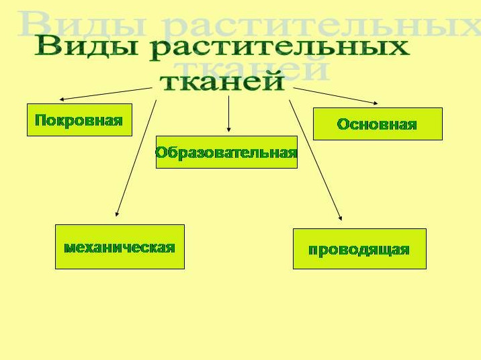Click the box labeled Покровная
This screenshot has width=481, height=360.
click(79, 120)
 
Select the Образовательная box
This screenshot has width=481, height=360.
click(226, 152)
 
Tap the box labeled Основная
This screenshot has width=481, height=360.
click(378, 124)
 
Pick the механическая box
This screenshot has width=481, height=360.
click(120, 247)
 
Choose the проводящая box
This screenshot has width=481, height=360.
click(359, 249)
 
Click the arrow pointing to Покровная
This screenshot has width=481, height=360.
click(105, 94)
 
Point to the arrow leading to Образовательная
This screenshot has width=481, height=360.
click(228, 114)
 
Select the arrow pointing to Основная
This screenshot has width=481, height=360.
click(336, 96)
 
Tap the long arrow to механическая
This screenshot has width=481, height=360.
click(136, 159)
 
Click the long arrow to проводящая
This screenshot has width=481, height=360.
click(315, 160)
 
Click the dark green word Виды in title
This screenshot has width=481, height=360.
click(87, 46)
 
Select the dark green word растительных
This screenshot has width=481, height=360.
click(279, 48)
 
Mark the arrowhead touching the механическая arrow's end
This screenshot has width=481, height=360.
click(117, 214)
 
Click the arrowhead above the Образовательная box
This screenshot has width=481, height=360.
click(228, 130)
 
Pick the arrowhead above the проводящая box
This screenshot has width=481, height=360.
click(340, 218)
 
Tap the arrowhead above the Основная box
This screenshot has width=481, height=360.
click(376, 103)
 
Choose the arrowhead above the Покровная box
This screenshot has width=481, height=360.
click(62, 99)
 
